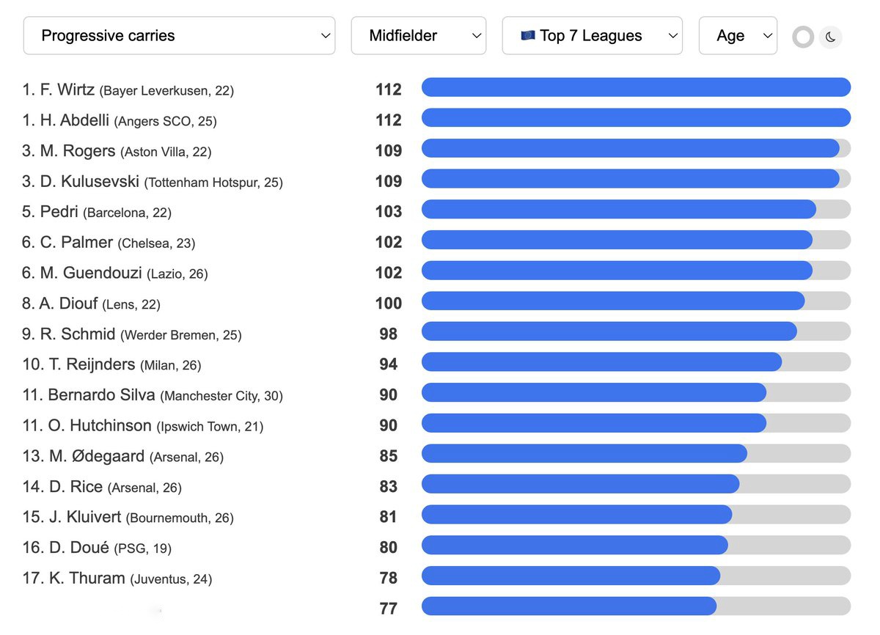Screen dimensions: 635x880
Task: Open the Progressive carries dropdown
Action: pyautogui.click(x=179, y=36)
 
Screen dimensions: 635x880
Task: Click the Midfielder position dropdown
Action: pyautogui.click(x=418, y=36)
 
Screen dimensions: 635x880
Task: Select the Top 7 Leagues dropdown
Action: pyautogui.click(x=592, y=36)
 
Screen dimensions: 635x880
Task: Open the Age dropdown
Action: pyautogui.click(x=737, y=36)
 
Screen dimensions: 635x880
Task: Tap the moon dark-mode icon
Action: pyautogui.click(x=830, y=37)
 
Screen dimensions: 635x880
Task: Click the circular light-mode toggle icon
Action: pyautogui.click(x=803, y=37)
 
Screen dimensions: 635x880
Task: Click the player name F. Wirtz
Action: pyautogui.click(x=67, y=90)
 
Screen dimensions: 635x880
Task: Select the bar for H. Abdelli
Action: pyautogui.click(x=635, y=118)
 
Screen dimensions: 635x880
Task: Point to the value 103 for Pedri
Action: pyautogui.click(x=388, y=212)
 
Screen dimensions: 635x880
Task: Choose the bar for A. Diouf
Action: pyautogui.click(x=612, y=301)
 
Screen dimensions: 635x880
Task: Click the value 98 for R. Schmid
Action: pyautogui.click(x=388, y=334)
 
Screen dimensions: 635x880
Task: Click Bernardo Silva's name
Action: pyautogui.click(x=101, y=395)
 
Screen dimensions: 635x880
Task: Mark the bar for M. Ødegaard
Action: pyautogui.click(x=584, y=454)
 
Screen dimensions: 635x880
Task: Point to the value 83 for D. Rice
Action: pyautogui.click(x=388, y=487)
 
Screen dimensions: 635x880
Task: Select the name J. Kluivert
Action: pyautogui.click(x=84, y=517)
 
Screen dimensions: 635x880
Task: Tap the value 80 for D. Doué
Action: pyautogui.click(x=388, y=548)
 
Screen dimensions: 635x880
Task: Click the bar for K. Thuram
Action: pyautogui.click(x=571, y=576)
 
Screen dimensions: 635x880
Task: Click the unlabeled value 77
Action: pyautogui.click(x=388, y=609)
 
